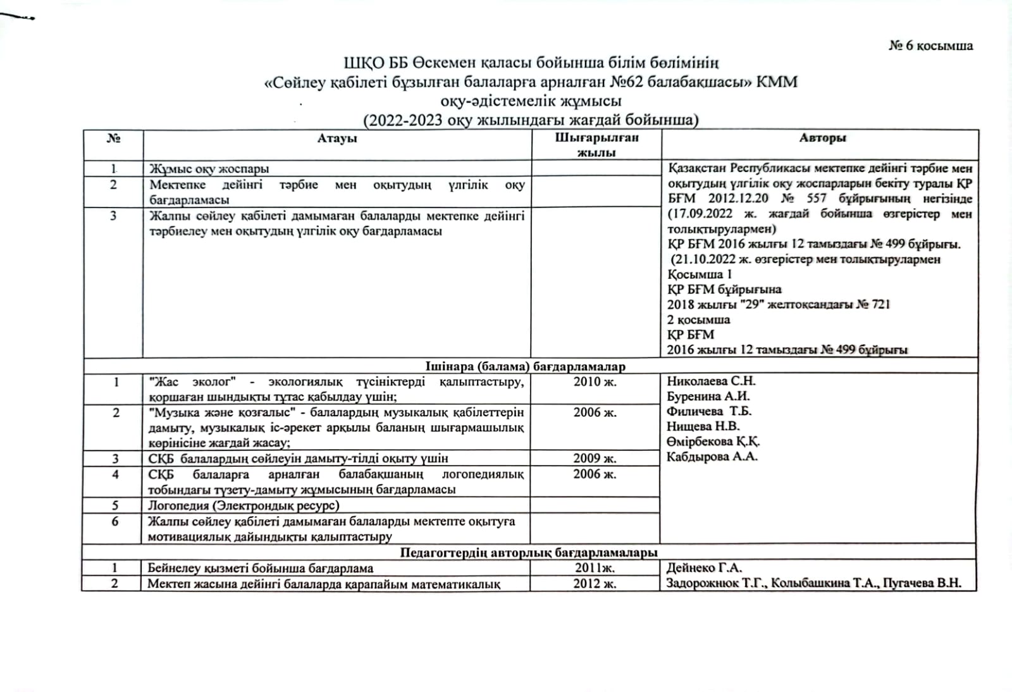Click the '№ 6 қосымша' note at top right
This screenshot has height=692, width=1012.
click(x=930, y=46)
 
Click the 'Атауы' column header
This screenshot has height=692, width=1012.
click(x=337, y=138)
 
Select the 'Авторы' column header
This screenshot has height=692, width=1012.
click(x=822, y=137)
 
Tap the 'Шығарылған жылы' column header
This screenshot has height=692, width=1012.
click(x=596, y=145)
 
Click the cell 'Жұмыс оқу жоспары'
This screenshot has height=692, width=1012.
click(x=209, y=169)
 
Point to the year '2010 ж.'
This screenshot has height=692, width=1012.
click(x=595, y=381)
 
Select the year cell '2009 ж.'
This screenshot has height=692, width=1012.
click(x=595, y=458)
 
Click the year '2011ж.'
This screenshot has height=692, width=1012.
click(x=595, y=568)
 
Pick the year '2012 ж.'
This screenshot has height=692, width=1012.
click(x=595, y=583)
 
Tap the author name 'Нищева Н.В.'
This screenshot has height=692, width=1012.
click(x=703, y=426)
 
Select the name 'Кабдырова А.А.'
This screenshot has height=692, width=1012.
click(x=712, y=456)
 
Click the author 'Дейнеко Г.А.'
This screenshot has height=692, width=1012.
click(x=704, y=568)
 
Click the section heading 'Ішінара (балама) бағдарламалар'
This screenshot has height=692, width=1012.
click(x=525, y=366)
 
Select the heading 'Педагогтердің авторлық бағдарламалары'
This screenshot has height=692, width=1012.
click(x=528, y=553)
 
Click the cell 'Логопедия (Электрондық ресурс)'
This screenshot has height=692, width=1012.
click(x=244, y=505)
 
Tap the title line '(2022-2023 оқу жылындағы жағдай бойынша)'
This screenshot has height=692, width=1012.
click(x=531, y=120)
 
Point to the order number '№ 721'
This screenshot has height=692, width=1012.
click(x=873, y=304)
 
